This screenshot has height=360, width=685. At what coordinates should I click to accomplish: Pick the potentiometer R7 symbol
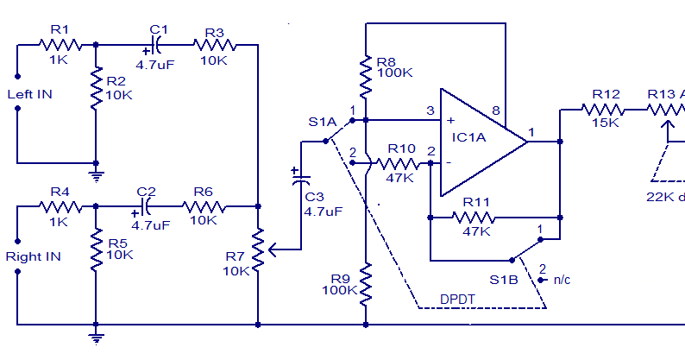coord(258,249)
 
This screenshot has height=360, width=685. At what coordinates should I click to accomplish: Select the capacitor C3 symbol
coord(300,182)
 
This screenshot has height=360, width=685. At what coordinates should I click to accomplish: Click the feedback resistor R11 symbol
coord(476,216)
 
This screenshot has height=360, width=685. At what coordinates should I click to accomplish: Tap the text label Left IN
coord(28,94)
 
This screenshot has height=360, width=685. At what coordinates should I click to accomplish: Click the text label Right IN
coord(33,256)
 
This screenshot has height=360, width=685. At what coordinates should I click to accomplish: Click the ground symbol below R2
coord(96,173)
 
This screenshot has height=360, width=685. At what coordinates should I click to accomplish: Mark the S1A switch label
coord(322,122)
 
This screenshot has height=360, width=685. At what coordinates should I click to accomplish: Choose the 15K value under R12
coord(606,123)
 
